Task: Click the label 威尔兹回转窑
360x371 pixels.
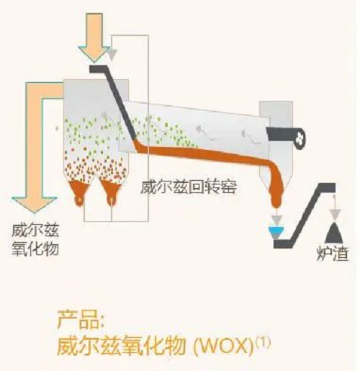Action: (x=189, y=187)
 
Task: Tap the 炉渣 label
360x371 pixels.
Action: (x=333, y=253)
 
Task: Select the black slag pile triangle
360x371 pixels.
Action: (x=334, y=233)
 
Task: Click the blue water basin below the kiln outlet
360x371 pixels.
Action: (x=276, y=230)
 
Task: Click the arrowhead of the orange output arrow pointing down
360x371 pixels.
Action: (x=35, y=205)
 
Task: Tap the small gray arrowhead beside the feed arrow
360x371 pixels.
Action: (x=112, y=55)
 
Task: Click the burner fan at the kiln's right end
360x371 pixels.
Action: (x=300, y=138)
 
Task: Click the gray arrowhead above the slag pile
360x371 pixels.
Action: (x=335, y=213)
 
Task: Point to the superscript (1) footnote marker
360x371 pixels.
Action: (x=263, y=342)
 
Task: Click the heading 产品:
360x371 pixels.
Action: (x=81, y=319)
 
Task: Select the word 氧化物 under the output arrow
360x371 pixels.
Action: (x=35, y=247)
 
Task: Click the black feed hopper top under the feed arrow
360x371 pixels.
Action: (x=99, y=69)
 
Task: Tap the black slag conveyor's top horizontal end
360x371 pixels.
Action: (x=327, y=188)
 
